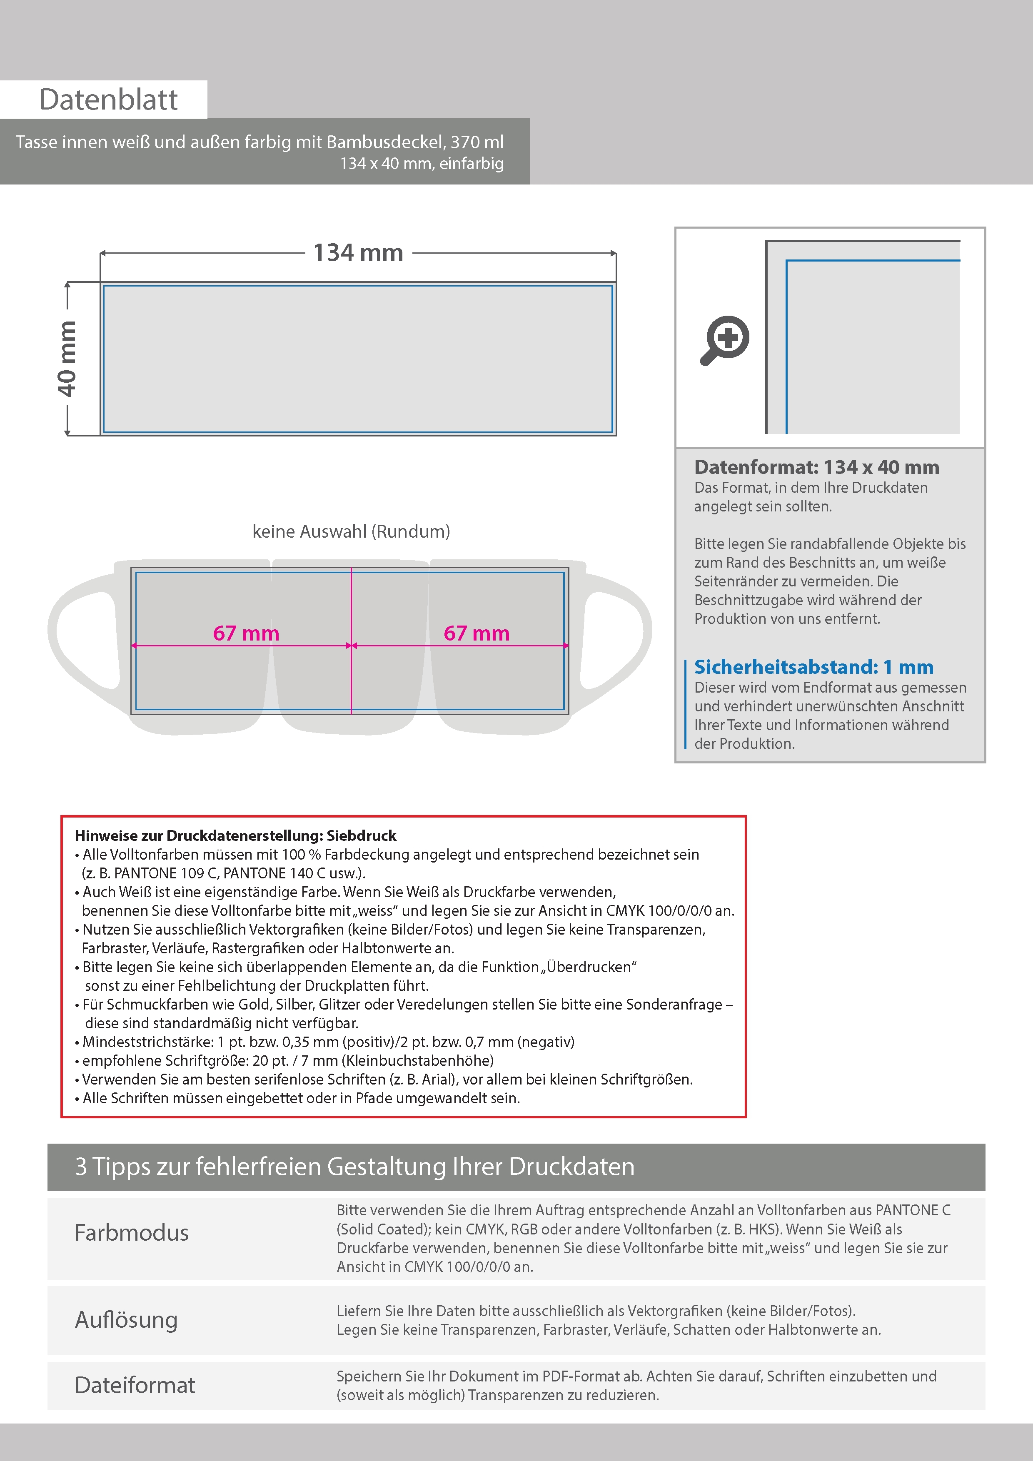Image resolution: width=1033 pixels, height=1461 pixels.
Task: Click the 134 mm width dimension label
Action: pyautogui.click(x=358, y=253)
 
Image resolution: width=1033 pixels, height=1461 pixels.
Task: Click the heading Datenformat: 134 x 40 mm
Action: pyautogui.click(x=816, y=467)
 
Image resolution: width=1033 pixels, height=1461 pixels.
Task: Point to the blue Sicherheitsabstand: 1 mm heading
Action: pyautogui.click(x=813, y=667)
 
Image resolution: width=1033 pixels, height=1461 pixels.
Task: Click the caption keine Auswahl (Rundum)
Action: pyautogui.click(x=351, y=531)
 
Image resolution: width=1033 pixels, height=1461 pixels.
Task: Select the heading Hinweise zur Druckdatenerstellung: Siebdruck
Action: pyautogui.click(x=235, y=835)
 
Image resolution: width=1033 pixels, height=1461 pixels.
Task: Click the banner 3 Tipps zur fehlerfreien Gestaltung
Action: pyautogui.click(x=354, y=1167)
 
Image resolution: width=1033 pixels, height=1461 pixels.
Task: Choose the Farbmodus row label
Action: pyautogui.click(x=132, y=1232)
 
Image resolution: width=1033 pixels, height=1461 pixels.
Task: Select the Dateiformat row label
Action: pyautogui.click(x=135, y=1385)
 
